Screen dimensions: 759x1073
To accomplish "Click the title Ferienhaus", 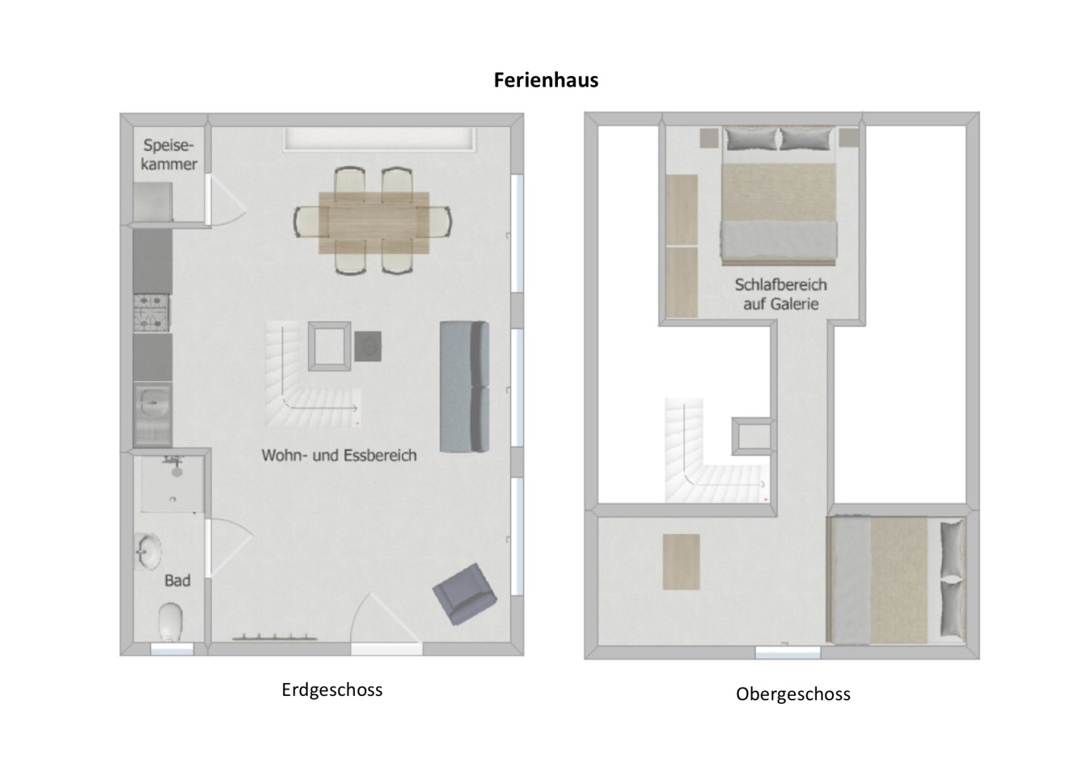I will (x=546, y=80).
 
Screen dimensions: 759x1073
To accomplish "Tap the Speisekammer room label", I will (x=169, y=155).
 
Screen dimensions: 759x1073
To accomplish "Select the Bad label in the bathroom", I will (x=177, y=581).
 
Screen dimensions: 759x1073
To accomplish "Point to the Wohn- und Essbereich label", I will (x=339, y=455).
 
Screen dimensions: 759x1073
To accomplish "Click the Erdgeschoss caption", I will (x=332, y=690).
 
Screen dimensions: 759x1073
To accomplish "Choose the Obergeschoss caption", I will (x=793, y=695).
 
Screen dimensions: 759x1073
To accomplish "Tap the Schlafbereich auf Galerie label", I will (x=780, y=294).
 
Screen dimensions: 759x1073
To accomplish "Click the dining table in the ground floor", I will (x=374, y=222).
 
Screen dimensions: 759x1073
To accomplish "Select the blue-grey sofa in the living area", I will (x=464, y=387).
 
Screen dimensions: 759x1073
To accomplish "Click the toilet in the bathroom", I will (x=170, y=621).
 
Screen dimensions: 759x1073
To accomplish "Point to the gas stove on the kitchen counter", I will (x=152, y=313).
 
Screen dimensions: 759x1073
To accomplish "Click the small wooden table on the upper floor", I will (x=681, y=562).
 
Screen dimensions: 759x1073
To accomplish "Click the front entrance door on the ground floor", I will (x=386, y=623).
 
